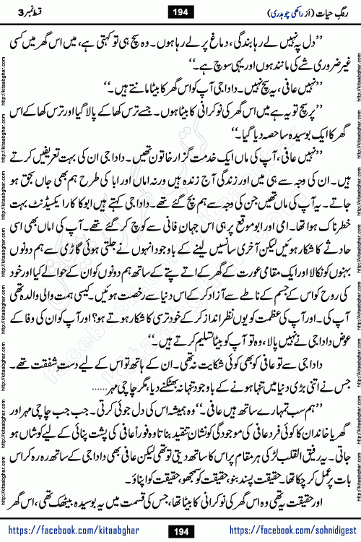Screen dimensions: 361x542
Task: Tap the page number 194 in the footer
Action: (180, 526)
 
